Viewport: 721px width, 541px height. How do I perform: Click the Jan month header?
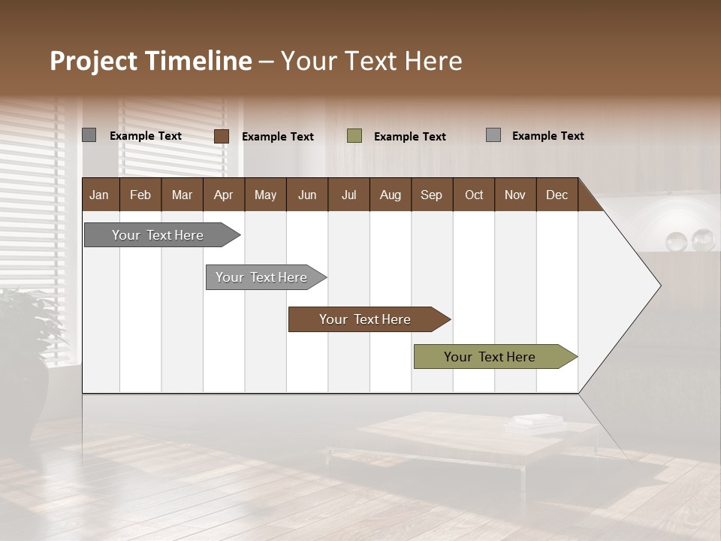[100, 195]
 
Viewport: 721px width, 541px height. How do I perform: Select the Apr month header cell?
[224, 195]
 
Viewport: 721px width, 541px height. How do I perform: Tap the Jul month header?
[348, 195]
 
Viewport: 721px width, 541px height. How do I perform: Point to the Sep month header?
[432, 195]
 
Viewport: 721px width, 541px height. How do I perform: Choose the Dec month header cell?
[557, 195]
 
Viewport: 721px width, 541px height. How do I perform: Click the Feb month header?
[140, 195]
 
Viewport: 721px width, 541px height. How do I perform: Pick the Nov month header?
[515, 195]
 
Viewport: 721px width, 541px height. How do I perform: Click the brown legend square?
[222, 136]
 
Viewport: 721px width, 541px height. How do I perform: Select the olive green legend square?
[354, 136]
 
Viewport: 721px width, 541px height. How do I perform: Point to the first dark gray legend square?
[89, 135]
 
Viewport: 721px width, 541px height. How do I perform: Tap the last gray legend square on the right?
[493, 135]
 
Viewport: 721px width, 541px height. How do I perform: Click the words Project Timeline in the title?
[150, 61]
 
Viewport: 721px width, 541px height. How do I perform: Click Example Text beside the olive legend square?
[410, 137]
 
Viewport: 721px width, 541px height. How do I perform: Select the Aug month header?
[391, 195]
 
